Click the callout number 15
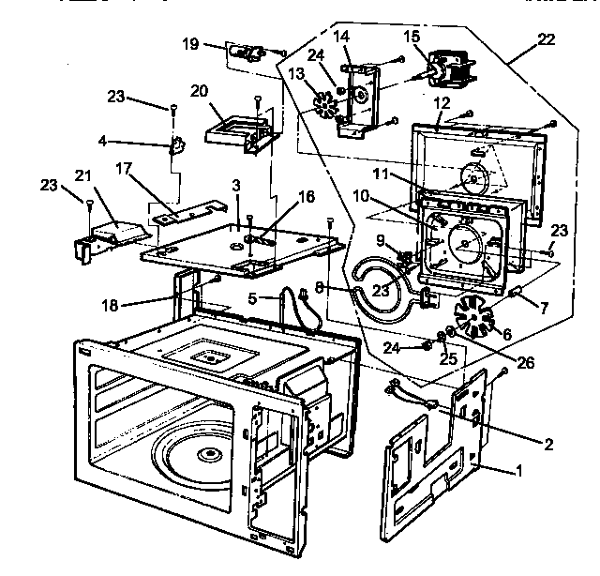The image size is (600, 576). click(x=412, y=37)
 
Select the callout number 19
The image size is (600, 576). click(x=190, y=43)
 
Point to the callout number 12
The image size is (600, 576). click(x=442, y=100)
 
